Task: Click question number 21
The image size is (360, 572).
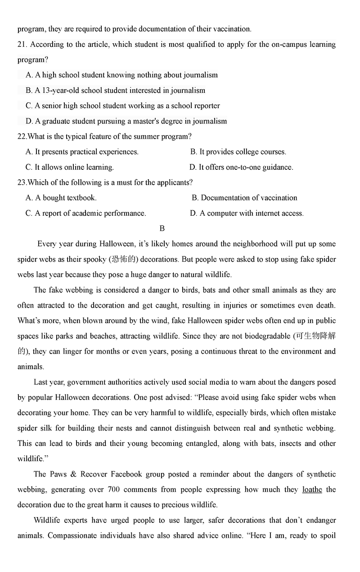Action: click(22, 45)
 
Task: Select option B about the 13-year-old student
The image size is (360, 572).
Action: click(115, 91)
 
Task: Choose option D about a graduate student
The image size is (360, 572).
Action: click(126, 121)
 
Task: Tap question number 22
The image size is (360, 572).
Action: click(22, 136)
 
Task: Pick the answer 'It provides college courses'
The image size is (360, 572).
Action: click(238, 152)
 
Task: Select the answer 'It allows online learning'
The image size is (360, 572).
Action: click(70, 167)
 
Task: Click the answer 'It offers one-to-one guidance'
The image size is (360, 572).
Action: click(241, 167)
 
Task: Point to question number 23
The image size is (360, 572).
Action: click(22, 182)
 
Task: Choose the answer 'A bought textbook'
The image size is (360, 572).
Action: click(61, 198)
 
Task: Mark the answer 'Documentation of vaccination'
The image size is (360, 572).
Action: click(244, 198)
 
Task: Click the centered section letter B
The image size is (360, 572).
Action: click(162, 228)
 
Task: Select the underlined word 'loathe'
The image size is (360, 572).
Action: click(312, 490)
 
